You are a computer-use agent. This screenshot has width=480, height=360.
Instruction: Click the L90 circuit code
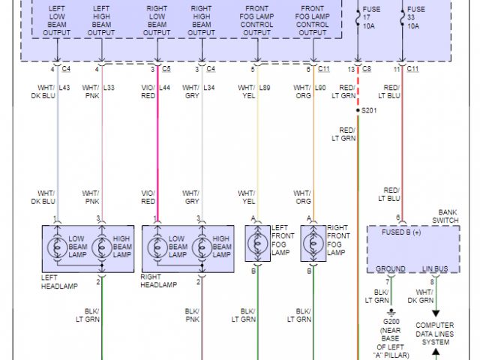(x=320, y=88)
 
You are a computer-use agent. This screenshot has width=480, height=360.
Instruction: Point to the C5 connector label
(x=166, y=69)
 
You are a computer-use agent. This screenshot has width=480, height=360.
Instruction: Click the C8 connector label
(x=367, y=69)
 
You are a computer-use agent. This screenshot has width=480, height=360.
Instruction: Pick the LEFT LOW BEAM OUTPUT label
(x=57, y=20)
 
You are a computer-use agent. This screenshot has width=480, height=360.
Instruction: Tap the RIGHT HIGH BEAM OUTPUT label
(x=201, y=20)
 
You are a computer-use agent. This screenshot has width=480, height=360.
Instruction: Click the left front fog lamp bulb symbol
(x=257, y=244)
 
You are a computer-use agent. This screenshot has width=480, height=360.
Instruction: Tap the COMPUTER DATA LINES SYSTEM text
(x=434, y=334)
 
